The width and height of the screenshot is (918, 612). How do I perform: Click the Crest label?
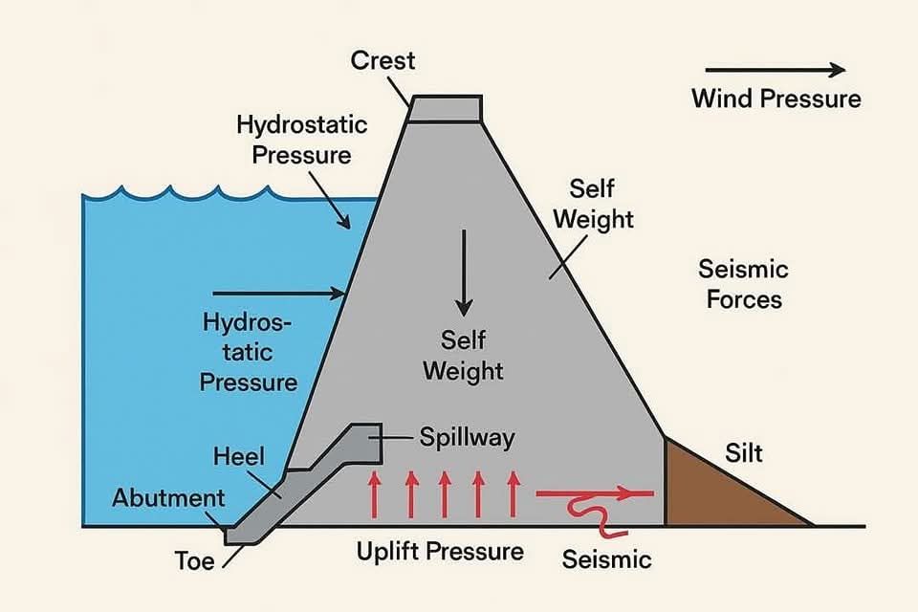coord(382,60)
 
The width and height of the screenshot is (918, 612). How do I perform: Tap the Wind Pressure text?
coord(776,98)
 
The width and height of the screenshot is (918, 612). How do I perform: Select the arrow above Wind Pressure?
coord(776,70)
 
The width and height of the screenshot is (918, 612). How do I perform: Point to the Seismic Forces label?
coord(744,284)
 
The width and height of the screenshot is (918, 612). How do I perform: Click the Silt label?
coord(744,453)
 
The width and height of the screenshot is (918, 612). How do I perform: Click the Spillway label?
coord(468,437)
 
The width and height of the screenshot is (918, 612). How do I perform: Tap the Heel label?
coord(239,456)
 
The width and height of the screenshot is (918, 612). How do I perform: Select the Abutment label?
coord(168,498)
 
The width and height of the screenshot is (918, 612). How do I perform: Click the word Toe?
coord(194,561)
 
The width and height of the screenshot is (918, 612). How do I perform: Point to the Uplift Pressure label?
coord(440,552)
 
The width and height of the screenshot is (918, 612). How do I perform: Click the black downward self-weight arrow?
coord(464,273)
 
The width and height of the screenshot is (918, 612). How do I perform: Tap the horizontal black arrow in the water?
coord(278,293)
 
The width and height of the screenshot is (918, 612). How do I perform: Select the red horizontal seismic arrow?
coord(594,493)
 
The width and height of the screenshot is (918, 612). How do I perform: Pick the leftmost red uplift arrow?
coord(374,495)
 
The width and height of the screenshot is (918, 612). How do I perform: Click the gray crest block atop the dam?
coord(445,108)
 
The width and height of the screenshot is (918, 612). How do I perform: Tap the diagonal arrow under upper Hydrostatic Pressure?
coord(330,200)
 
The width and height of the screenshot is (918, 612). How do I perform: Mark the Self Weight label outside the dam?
coord(593,205)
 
